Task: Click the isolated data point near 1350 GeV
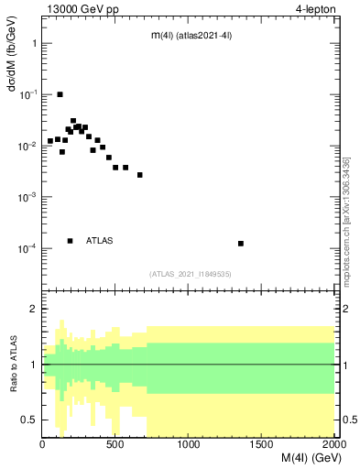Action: click(x=240, y=244)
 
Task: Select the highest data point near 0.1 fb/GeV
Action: click(x=60, y=94)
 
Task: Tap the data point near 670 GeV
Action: click(x=140, y=175)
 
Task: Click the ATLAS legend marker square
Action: click(x=70, y=241)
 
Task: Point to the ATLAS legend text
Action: click(x=100, y=241)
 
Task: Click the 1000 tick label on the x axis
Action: click(x=189, y=444)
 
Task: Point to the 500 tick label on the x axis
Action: click(x=115, y=444)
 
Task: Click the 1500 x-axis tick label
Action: click(x=262, y=444)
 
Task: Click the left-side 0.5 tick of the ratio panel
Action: click(x=30, y=420)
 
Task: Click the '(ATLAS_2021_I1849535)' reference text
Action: click(x=191, y=274)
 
